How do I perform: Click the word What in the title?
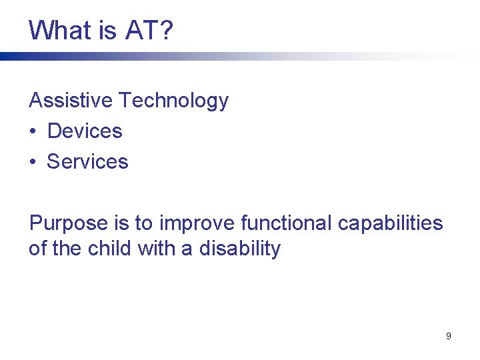[x=59, y=30]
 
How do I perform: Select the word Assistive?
[x=71, y=101]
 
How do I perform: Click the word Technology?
[x=173, y=101]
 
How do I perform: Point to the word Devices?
[x=85, y=131]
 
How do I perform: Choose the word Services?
[x=87, y=162]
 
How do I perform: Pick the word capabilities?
[x=390, y=223]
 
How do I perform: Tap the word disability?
[x=240, y=249]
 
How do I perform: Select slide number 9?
[x=448, y=336]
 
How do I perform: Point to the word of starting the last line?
[x=37, y=249]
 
